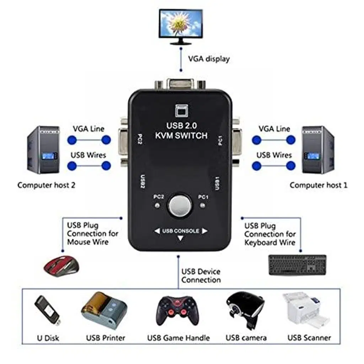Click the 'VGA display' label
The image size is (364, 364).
tap(209, 59)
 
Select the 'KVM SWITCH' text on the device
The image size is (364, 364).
tap(181, 135)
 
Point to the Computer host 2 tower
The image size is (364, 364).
tap(43, 150)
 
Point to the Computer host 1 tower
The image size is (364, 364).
tap(318, 150)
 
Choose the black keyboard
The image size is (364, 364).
tap(297, 265)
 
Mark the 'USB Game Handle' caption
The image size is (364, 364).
tap(178, 338)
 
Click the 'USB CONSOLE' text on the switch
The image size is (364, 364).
tap(181, 231)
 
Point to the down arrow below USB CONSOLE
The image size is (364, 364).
tap(181, 239)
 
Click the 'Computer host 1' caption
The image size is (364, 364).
tap(318, 185)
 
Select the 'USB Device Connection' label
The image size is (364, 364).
tap(201, 276)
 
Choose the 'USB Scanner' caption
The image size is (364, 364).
tap(309, 338)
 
